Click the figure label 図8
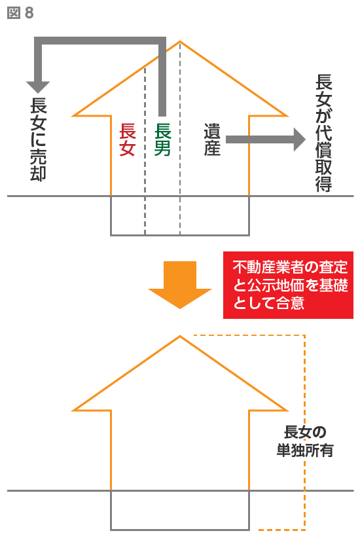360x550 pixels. pyautogui.click(x=20, y=13)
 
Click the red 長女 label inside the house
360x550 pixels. pyautogui.click(x=127, y=139)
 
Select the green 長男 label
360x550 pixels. pyautogui.click(x=162, y=139)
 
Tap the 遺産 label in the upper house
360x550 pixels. pyautogui.click(x=212, y=139)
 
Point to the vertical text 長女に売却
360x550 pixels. pyautogui.click(x=38, y=139)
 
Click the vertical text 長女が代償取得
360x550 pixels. pyautogui.click(x=323, y=133)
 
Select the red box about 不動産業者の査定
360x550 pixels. pyautogui.click(x=288, y=285)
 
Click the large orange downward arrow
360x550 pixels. pyautogui.click(x=180, y=285)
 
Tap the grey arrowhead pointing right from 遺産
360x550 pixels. pyautogui.click(x=299, y=139)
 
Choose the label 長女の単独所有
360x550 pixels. pyautogui.click(x=305, y=441)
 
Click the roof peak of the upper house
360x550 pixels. pyautogui.click(x=180, y=42)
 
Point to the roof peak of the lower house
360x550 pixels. pyautogui.click(x=180, y=337)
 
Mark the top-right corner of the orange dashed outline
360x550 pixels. pyautogui.click(x=304, y=336)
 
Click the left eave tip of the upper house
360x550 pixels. pyautogui.click(x=73, y=115)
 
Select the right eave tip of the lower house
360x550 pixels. pyautogui.click(x=287, y=410)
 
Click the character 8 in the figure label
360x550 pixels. pyautogui.click(x=29, y=13)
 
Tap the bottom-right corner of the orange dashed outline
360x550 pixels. pyautogui.click(x=304, y=530)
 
